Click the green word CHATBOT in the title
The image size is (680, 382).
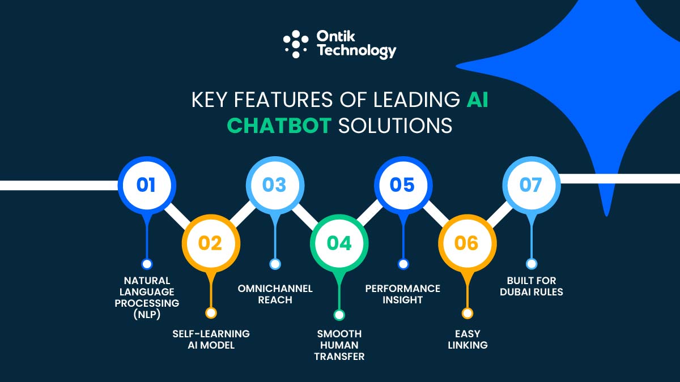click(x=279, y=126)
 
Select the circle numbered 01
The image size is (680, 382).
click(x=146, y=185)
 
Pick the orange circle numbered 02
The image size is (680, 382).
click(x=210, y=243)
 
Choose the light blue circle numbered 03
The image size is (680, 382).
click(x=274, y=185)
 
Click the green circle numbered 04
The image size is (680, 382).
click(x=339, y=243)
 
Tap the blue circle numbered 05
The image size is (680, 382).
click(x=403, y=185)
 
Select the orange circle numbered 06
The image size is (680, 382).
click(x=467, y=243)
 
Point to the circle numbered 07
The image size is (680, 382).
click(x=531, y=185)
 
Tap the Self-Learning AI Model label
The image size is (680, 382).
click(x=211, y=340)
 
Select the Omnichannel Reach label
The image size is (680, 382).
click(x=275, y=294)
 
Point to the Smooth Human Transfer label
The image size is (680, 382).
click(x=339, y=345)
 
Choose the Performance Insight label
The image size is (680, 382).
click(x=403, y=294)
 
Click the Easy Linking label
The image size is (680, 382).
click(x=467, y=340)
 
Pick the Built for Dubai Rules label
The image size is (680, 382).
click(x=532, y=286)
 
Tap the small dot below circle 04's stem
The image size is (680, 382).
click(x=339, y=315)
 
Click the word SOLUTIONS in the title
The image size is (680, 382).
click(x=396, y=126)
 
